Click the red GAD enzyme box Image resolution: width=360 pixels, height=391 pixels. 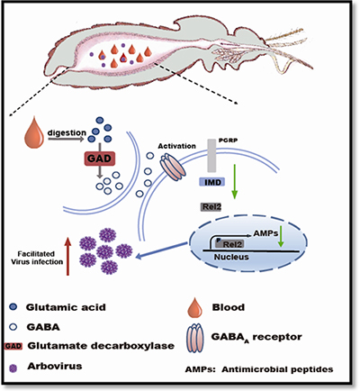coord(100,159)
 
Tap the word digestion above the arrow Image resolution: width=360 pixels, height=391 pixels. coord(67,132)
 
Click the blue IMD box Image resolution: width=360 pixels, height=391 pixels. coord(212,182)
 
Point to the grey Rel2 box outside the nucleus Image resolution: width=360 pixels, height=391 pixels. coord(211,206)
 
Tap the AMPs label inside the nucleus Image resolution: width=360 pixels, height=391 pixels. coord(265,233)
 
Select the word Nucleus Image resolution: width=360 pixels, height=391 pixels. coord(231,257)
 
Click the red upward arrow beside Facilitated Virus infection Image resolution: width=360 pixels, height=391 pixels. coord(67,256)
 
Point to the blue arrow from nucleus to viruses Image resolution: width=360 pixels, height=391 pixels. coord(161,250)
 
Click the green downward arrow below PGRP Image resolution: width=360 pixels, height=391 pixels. coord(235,181)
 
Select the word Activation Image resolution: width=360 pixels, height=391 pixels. coord(177,146)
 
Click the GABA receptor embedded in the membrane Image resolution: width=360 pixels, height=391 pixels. coord(173,167)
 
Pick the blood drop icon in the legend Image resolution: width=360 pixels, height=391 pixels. coord(194,307)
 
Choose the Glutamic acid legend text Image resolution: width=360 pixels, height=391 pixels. coord(66,307)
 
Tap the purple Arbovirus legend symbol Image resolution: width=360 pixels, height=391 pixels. coord(13,368)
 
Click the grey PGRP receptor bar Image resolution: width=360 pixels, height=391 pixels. coord(212,156)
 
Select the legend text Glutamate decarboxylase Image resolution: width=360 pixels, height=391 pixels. coord(101,346)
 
